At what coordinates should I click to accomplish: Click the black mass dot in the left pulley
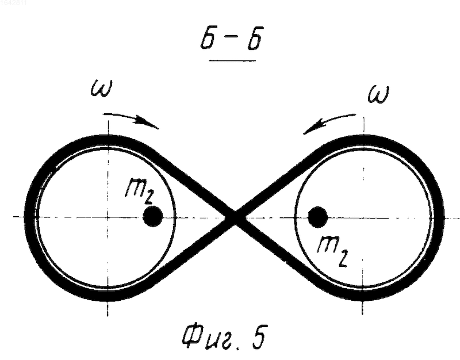(x=152, y=216)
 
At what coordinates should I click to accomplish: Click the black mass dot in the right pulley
(x=318, y=217)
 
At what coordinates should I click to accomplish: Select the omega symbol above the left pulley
(x=101, y=89)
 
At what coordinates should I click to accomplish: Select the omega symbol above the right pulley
(x=379, y=94)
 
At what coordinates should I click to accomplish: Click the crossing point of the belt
(x=235, y=217)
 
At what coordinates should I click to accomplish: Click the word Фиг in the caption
(x=209, y=338)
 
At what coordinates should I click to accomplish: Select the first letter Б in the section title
(x=210, y=38)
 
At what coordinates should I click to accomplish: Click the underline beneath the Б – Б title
(x=232, y=60)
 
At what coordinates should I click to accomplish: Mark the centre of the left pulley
(x=108, y=217)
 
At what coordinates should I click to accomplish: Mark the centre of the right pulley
(x=363, y=219)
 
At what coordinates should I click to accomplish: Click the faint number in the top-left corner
(x=13, y=3)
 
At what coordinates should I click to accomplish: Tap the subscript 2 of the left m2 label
(x=148, y=198)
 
